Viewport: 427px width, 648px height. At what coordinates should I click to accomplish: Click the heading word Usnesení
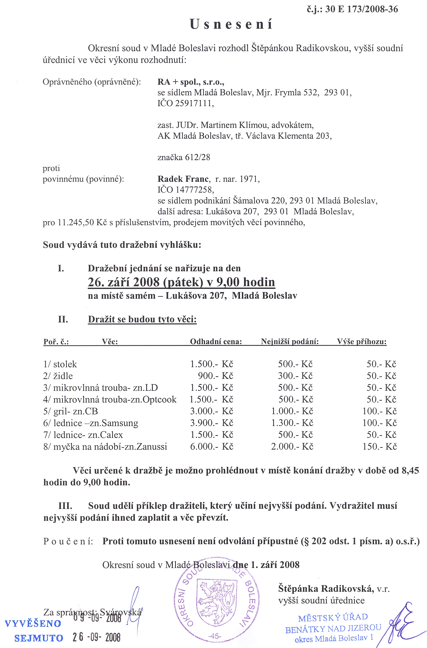[x=231, y=24]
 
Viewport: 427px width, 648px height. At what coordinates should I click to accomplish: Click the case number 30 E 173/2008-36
[x=362, y=9]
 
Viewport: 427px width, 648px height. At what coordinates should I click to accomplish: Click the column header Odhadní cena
[x=216, y=342]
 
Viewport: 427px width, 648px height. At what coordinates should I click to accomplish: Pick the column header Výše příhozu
[x=362, y=342]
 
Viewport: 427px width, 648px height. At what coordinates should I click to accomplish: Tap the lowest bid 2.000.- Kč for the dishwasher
[x=292, y=446]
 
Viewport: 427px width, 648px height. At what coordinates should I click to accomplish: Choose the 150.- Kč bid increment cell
[x=379, y=446]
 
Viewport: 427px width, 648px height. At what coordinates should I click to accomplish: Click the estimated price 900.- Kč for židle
[x=215, y=376]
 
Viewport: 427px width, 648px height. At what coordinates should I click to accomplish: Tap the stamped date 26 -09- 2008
[x=96, y=637]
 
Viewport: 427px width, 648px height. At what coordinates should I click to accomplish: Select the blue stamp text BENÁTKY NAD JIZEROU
[x=333, y=629]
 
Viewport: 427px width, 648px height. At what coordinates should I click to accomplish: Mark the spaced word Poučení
[x=68, y=541]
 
